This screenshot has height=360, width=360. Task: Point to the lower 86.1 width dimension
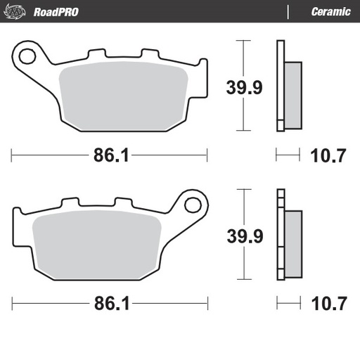[110, 304]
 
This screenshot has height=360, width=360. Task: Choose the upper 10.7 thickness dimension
[328, 156]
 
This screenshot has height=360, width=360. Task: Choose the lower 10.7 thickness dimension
[328, 304]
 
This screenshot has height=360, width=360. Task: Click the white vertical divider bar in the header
[288, 12]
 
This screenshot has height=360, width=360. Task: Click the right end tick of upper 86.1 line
[207, 155]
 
